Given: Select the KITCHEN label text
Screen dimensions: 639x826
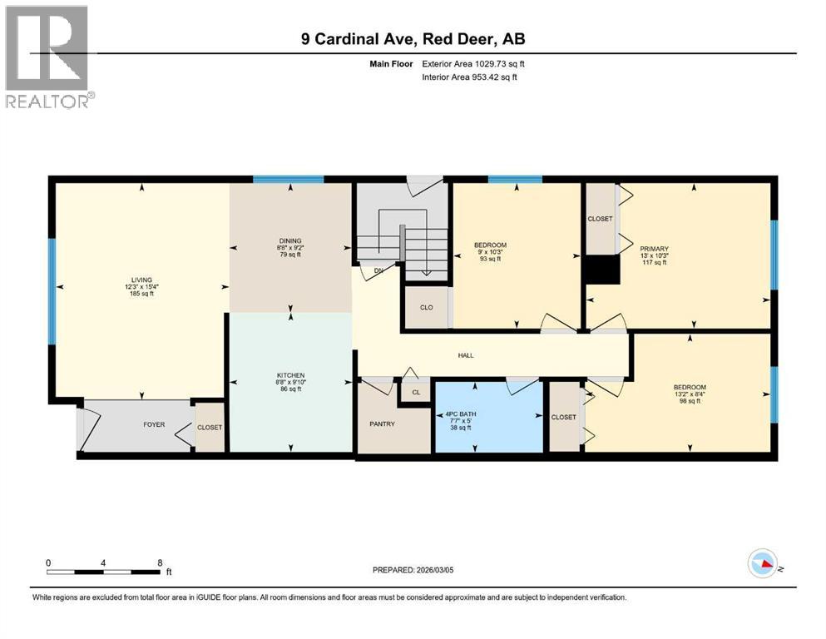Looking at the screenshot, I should pyautogui.click(x=291, y=375).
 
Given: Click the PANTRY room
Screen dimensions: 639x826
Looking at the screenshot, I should pyautogui.click(x=382, y=424).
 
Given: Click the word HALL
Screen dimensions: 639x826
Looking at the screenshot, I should pyautogui.click(x=466, y=355).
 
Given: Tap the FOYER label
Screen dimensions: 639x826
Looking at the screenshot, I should pyautogui.click(x=154, y=424).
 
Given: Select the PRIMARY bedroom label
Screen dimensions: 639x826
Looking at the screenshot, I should pyautogui.click(x=654, y=248).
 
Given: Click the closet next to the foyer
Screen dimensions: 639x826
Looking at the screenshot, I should pyautogui.click(x=210, y=428).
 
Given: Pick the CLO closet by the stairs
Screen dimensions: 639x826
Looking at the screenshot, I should pyautogui.click(x=426, y=307).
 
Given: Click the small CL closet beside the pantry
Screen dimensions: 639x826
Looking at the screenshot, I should pyautogui.click(x=415, y=391).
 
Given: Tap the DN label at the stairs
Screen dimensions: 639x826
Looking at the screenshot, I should pyautogui.click(x=378, y=270).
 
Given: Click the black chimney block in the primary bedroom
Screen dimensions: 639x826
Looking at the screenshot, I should pyautogui.click(x=601, y=270).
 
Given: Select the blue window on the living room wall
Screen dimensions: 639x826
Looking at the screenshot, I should pyautogui.click(x=52, y=292).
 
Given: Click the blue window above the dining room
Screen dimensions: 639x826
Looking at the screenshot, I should pyautogui.click(x=288, y=179).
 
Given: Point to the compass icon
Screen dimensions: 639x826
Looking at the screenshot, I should pyautogui.click(x=761, y=565).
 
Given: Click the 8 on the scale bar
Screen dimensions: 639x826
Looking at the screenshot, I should pyautogui.click(x=160, y=562).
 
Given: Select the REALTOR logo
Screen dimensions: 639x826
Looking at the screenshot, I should pyautogui.click(x=47, y=57).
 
